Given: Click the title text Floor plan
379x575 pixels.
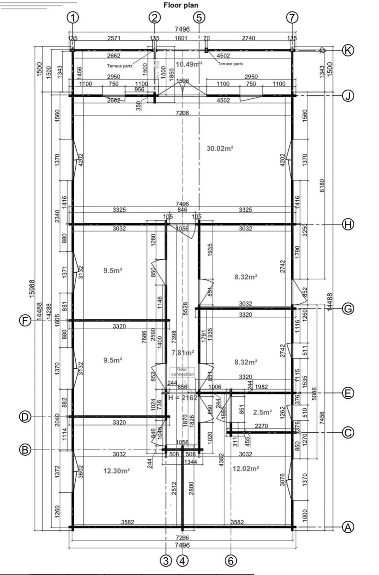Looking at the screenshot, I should tap(181, 5).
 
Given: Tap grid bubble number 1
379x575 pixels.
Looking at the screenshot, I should tap(72, 18).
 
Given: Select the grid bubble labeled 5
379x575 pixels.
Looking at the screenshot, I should tap(199, 18).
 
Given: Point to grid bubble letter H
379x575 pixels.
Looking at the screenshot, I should tap(348, 224).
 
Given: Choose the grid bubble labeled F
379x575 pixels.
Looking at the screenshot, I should tap(25, 321).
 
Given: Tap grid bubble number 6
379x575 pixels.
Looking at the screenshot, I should tap(231, 560).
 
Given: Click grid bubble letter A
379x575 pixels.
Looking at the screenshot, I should tap(348, 528).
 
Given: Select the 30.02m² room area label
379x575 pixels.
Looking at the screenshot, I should tap(220, 149).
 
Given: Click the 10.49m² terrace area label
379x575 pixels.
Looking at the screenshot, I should tap(188, 64).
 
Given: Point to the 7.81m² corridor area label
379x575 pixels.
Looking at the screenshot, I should tap(183, 353).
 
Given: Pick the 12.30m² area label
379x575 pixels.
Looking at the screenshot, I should tap(117, 471).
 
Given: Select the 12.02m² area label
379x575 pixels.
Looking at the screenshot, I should tap(245, 468).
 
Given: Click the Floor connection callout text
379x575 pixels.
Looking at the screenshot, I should tap(182, 372).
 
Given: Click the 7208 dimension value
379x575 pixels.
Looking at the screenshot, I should tap(182, 113).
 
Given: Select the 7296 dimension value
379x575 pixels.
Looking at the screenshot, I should tap(182, 538).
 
